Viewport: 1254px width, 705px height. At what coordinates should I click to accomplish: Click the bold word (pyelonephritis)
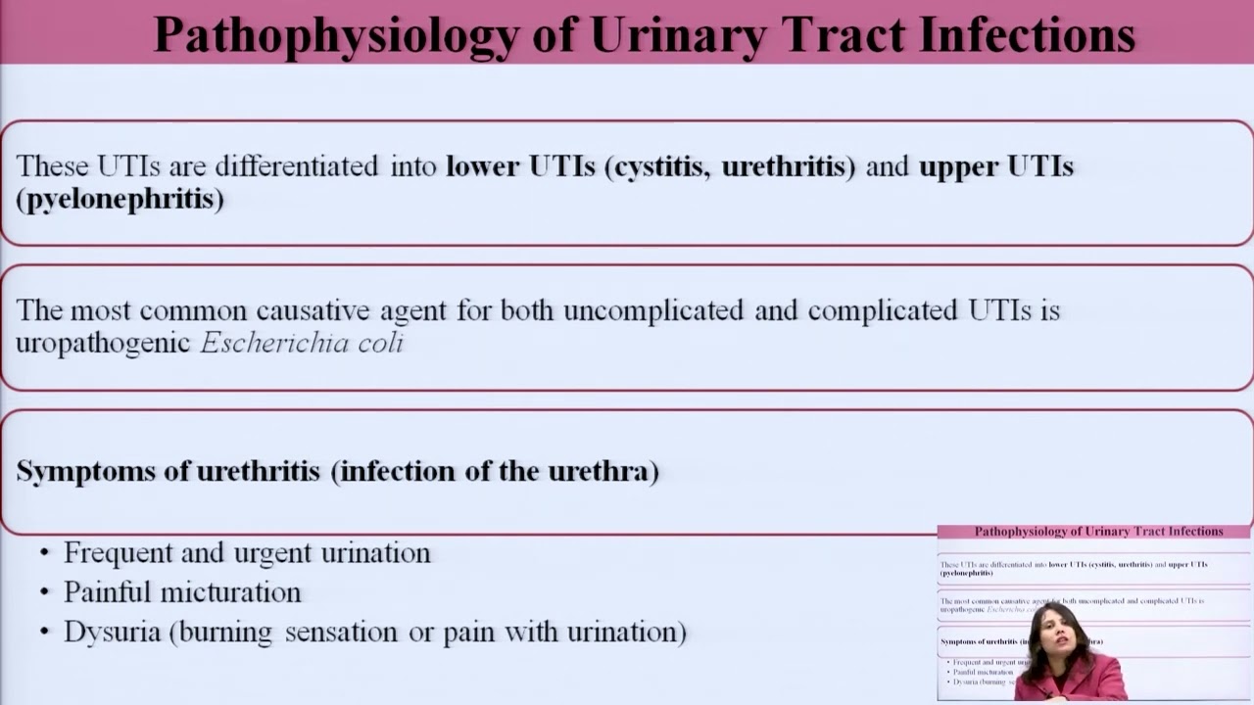tap(120, 200)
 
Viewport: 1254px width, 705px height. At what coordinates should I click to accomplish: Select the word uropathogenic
tap(103, 344)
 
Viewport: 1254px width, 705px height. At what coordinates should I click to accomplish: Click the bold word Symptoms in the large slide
tap(86, 472)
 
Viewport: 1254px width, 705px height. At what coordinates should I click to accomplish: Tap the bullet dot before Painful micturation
tap(44, 593)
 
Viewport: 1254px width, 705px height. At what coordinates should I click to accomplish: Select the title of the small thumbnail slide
tap(1098, 532)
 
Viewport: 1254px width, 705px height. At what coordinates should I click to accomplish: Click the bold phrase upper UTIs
tap(995, 166)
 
